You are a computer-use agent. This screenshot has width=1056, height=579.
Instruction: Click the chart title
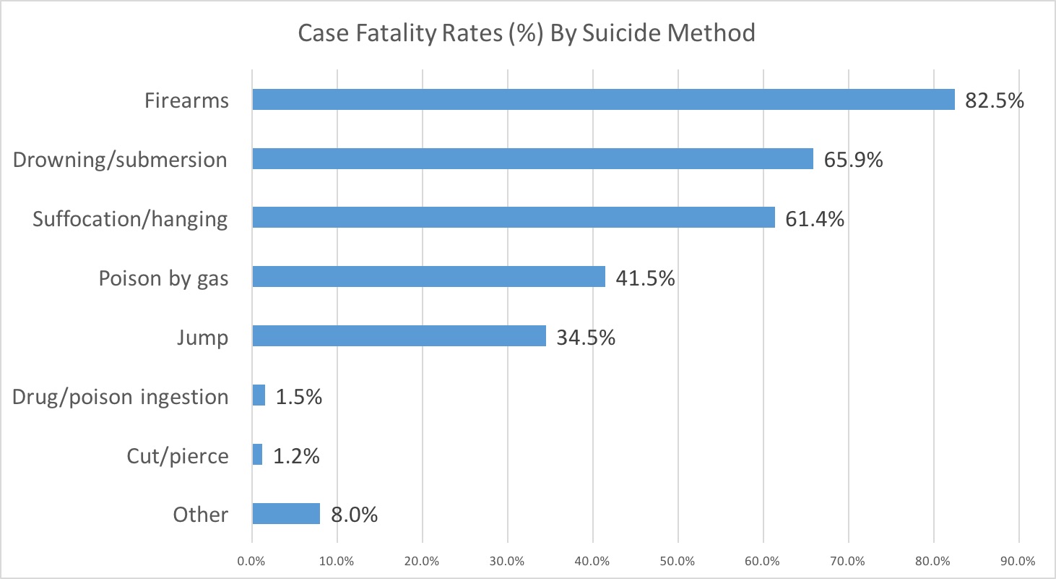click(x=527, y=33)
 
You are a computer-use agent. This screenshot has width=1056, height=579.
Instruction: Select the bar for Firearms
click(x=603, y=100)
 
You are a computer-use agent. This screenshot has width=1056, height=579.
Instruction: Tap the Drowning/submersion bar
click(x=532, y=159)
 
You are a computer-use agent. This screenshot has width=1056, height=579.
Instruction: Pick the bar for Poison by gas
click(x=428, y=277)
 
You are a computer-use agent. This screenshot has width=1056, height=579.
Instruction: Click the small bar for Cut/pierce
click(x=257, y=455)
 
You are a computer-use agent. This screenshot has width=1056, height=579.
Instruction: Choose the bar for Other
click(x=286, y=514)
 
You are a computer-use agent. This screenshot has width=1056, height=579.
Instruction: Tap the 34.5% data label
click(x=586, y=337)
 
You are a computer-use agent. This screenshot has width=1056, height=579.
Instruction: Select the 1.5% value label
click(x=298, y=396)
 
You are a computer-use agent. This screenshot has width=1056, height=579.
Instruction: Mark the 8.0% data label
click(x=355, y=515)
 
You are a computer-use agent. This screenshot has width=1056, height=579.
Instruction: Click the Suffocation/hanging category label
click(x=131, y=219)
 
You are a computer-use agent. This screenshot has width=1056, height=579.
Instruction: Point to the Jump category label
click(x=202, y=337)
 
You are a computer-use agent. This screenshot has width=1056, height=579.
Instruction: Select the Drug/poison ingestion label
click(x=121, y=396)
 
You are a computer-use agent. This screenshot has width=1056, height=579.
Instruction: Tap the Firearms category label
click(x=186, y=100)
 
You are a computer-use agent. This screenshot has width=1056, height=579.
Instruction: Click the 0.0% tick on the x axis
click(x=252, y=560)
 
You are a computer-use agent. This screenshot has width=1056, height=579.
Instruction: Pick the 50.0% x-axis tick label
click(x=678, y=560)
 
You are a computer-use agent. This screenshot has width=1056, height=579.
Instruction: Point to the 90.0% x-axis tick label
click(x=1019, y=560)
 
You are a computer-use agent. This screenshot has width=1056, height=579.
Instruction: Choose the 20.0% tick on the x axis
click(x=423, y=560)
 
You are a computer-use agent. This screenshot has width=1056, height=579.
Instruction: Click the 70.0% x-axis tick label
click(x=849, y=560)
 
